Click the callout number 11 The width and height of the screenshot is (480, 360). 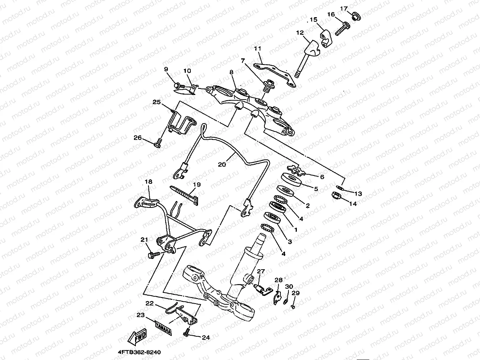click(x=258, y=48)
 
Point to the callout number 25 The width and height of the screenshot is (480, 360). click(x=157, y=102)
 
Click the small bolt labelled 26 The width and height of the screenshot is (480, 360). click(x=158, y=144)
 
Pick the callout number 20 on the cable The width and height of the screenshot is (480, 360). click(x=222, y=164)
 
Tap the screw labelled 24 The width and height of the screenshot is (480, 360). click(x=186, y=333)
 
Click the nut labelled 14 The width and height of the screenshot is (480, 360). click(x=336, y=196)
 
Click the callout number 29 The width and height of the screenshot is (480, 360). click(x=296, y=293)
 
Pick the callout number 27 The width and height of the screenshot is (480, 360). click(x=261, y=271)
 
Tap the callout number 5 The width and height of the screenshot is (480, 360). click(x=316, y=188)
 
